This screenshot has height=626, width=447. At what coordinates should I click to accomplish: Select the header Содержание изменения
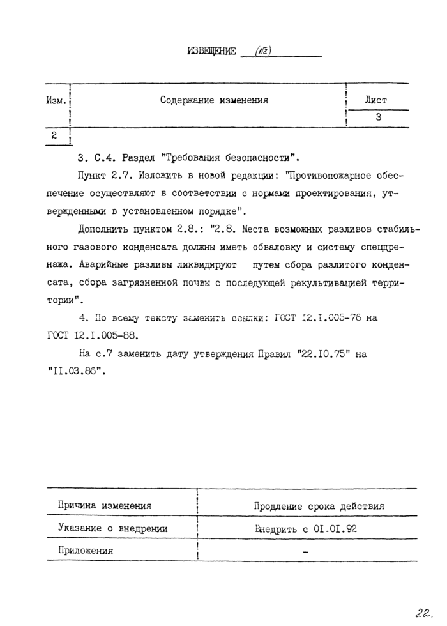tap(214, 100)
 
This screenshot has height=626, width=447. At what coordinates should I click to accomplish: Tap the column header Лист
tap(375, 100)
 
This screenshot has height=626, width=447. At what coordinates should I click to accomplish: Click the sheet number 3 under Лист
tap(378, 118)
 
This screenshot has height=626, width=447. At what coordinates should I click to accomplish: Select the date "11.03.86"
tap(75, 370)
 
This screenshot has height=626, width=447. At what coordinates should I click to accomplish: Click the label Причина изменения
tap(105, 506)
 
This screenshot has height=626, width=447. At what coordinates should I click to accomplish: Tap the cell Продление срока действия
tap(319, 506)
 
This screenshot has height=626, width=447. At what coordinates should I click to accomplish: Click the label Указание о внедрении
tap(112, 528)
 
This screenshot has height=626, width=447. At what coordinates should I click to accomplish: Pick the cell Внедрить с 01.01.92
tap(305, 528)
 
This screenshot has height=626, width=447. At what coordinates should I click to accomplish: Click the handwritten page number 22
tap(423, 613)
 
